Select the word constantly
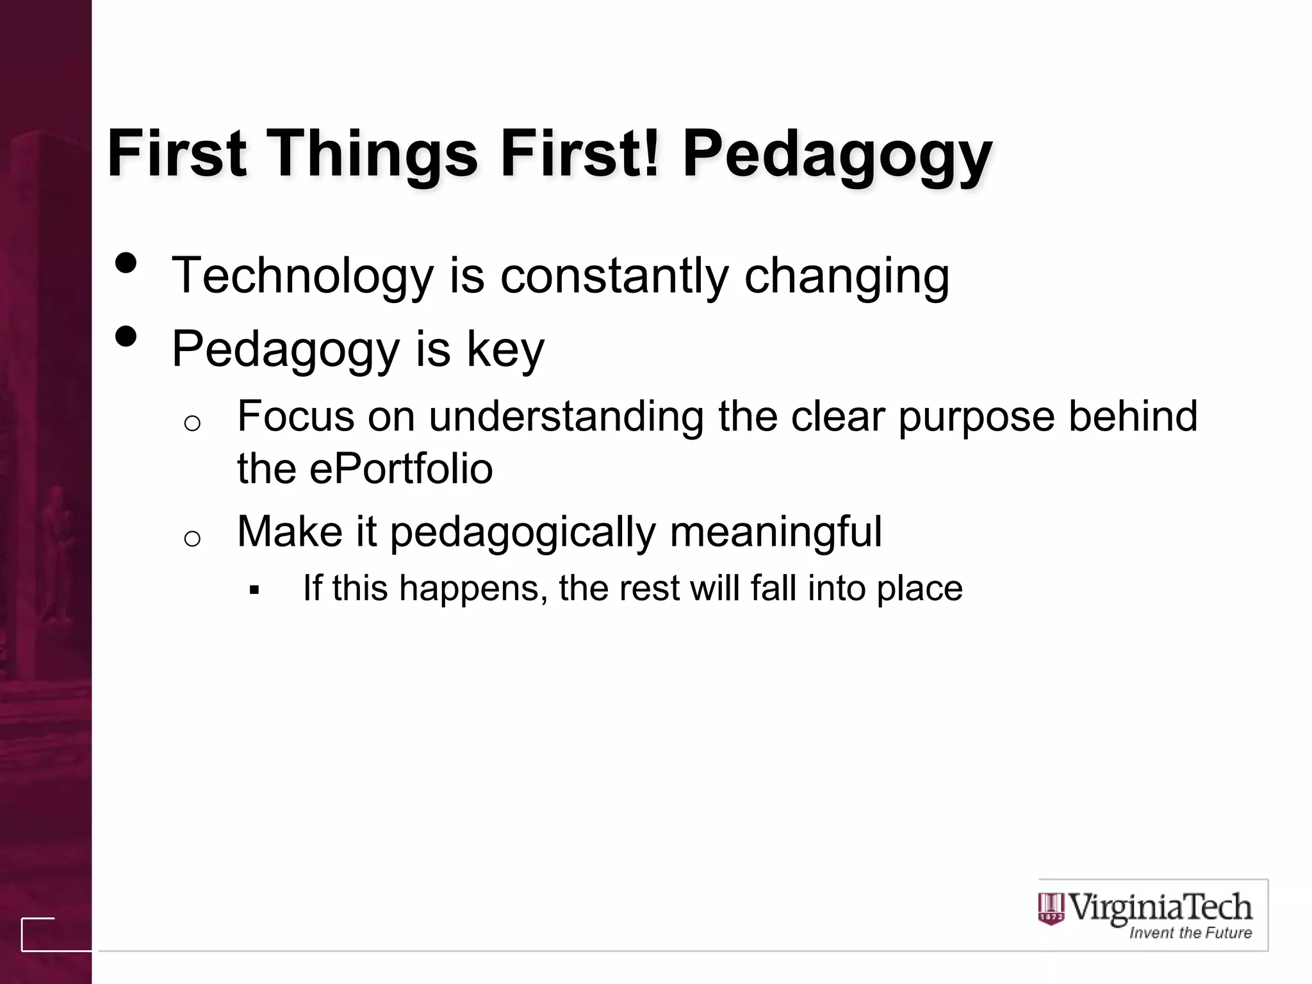(614, 275)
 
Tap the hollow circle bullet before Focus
(192, 423)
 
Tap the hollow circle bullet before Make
(192, 539)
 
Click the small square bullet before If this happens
(254, 589)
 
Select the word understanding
(566, 416)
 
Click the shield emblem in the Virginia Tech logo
(1051, 909)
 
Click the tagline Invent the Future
(1190, 933)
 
